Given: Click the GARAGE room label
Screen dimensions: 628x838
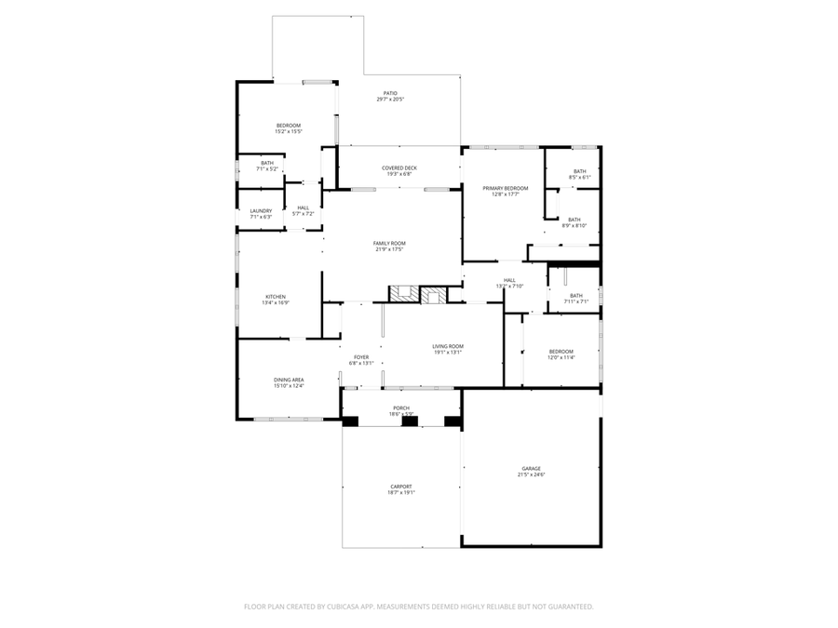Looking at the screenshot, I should pyautogui.click(x=531, y=469).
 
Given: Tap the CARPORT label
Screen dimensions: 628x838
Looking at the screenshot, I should pyautogui.click(x=400, y=487).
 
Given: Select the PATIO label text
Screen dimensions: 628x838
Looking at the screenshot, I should pyautogui.click(x=390, y=93).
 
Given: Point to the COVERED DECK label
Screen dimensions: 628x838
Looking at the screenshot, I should pyautogui.click(x=399, y=167).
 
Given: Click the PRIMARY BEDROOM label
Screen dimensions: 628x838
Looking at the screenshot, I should pyautogui.click(x=505, y=188).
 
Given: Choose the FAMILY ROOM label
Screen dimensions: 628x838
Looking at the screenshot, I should pyautogui.click(x=389, y=243).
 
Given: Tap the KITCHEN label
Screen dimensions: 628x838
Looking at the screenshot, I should pyautogui.click(x=276, y=297).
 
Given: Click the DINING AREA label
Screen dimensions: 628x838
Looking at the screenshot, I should pyautogui.click(x=289, y=380).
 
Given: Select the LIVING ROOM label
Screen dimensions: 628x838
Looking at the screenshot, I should pyautogui.click(x=447, y=346).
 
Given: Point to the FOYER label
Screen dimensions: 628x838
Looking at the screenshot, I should pyautogui.click(x=360, y=357).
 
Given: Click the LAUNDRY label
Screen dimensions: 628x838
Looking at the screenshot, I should pyautogui.click(x=261, y=210).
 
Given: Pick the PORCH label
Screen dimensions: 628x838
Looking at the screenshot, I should pyautogui.click(x=400, y=408).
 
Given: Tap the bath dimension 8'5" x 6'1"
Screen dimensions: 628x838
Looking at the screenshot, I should pyautogui.click(x=579, y=178).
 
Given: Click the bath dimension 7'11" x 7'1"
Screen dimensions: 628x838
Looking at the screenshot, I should pyautogui.click(x=576, y=301).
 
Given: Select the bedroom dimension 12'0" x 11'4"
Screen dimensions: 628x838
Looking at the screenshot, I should pyautogui.click(x=561, y=357).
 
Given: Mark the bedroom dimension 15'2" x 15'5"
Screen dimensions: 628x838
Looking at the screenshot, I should pyautogui.click(x=288, y=132).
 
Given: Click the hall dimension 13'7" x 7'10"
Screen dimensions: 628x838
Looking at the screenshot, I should pyautogui.click(x=509, y=286).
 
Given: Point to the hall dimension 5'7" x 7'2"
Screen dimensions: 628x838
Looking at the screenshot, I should pyautogui.click(x=303, y=214).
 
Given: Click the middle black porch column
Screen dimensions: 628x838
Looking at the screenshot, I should pyautogui.click(x=409, y=421).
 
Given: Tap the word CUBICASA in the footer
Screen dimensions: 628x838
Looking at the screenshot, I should pyautogui.click(x=338, y=607).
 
